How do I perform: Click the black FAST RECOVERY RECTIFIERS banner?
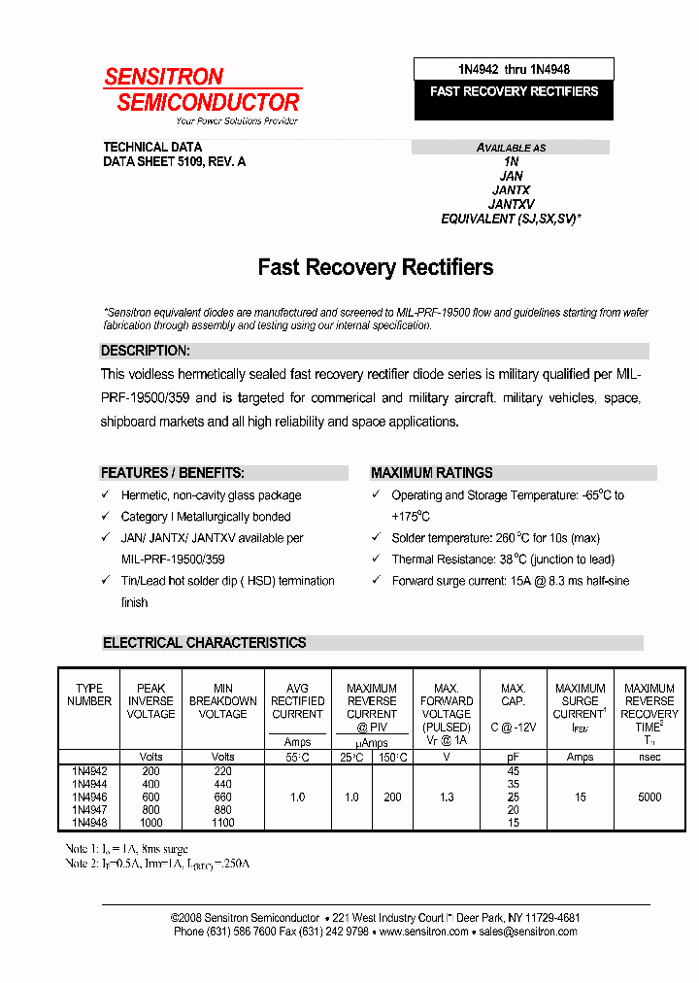tap(514, 91)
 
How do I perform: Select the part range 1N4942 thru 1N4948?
tap(514, 69)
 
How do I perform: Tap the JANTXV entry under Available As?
tap(511, 205)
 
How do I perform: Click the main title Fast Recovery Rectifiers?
tap(375, 267)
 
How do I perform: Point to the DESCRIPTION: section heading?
tap(146, 351)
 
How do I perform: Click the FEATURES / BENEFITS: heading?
tap(173, 473)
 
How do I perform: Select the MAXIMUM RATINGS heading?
tap(431, 473)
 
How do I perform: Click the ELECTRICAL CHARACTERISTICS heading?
tap(205, 643)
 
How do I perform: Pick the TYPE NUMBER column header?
tap(89, 695)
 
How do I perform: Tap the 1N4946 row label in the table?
tap(89, 797)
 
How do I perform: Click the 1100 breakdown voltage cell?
tap(222, 823)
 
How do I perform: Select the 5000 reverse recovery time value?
tap(649, 797)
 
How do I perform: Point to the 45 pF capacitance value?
tap(514, 771)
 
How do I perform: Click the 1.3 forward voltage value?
tap(447, 797)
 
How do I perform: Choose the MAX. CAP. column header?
tap(514, 695)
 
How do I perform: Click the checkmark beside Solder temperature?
tap(376, 538)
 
